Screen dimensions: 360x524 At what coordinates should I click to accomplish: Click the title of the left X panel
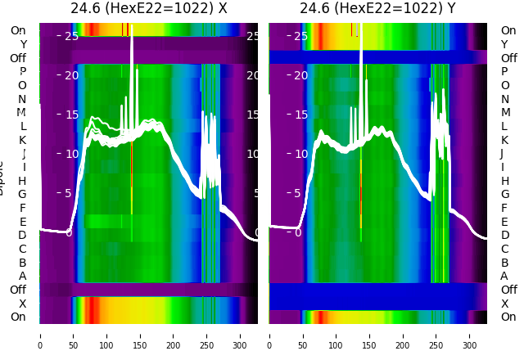click(x=149, y=8)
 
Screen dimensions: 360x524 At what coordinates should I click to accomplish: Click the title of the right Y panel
click(x=378, y=8)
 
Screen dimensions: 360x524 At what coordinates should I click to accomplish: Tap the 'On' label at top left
click(x=18, y=30)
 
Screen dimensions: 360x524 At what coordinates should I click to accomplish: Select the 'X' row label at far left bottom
click(x=23, y=304)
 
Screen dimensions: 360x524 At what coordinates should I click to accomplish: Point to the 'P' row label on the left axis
click(x=23, y=71)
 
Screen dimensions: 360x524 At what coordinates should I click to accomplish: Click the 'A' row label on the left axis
click(x=23, y=276)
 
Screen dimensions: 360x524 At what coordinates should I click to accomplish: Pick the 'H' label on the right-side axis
click(x=504, y=181)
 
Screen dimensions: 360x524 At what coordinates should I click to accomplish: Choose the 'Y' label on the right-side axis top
click(x=504, y=44)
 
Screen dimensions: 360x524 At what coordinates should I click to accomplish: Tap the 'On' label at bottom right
click(x=508, y=317)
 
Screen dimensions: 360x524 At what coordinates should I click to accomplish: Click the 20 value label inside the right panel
click(x=300, y=75)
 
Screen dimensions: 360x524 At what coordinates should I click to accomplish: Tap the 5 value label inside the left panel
click(x=69, y=193)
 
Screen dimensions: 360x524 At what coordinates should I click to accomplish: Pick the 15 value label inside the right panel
click(x=300, y=115)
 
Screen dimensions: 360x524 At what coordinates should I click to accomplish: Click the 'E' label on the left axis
click(x=23, y=222)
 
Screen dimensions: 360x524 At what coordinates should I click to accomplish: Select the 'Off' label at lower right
click(x=508, y=290)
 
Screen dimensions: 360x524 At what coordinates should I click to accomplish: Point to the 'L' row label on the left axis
click(x=23, y=126)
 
